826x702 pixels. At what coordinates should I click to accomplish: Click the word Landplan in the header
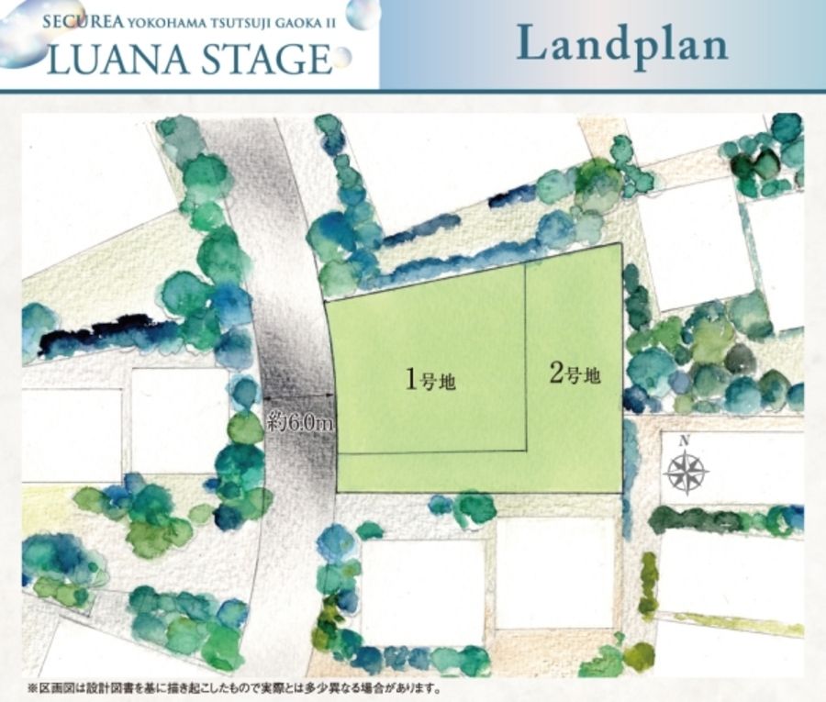pyautogui.click(x=622, y=43)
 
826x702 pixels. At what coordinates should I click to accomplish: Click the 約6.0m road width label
pyautogui.click(x=300, y=424)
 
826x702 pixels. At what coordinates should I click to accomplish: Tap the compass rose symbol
pyautogui.click(x=686, y=474)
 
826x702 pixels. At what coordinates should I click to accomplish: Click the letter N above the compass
pyautogui.click(x=684, y=441)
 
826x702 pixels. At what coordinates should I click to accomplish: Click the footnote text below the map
pyautogui.click(x=239, y=687)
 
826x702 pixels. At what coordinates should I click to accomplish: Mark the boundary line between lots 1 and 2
pyautogui.click(x=525, y=358)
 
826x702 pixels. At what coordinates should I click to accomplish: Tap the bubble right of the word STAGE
pyautogui.click(x=341, y=57)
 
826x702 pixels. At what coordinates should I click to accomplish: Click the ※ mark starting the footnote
pyautogui.click(x=30, y=687)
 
